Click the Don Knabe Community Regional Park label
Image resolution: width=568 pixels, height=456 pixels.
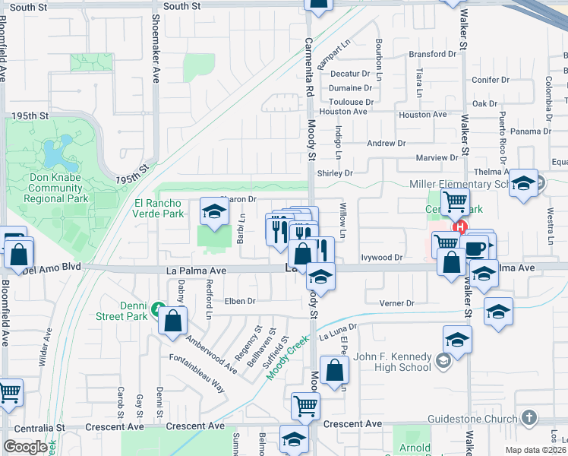(56, 188)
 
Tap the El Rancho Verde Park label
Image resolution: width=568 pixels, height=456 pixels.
(159, 208)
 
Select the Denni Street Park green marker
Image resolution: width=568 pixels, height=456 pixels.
(158, 309)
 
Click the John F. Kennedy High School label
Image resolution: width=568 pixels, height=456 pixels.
(393, 362)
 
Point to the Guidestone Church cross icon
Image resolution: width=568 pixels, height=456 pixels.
(529, 418)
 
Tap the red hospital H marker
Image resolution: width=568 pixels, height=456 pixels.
(459, 226)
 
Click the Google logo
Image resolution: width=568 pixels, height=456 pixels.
(25, 447)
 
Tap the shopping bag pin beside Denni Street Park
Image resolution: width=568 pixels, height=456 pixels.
(173, 320)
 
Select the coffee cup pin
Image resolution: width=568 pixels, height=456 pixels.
(475, 248)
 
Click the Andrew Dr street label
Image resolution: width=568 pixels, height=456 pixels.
(386, 143)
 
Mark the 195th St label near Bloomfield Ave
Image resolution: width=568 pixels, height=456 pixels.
(30, 116)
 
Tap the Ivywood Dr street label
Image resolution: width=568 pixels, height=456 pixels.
(381, 258)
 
